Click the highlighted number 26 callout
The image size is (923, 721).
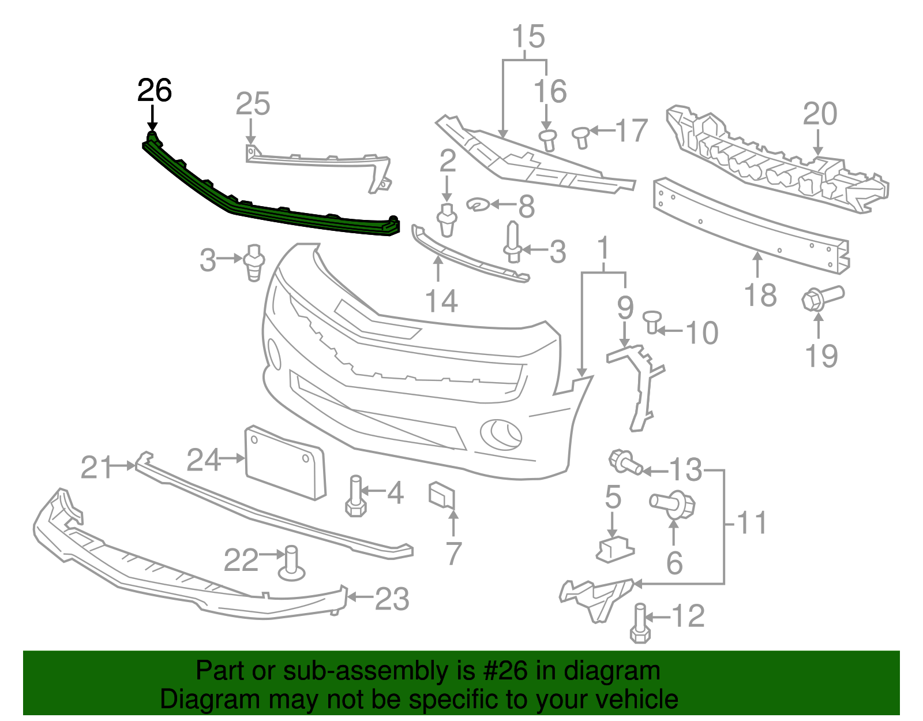pyautogui.click(x=154, y=91)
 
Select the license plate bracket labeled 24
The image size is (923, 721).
pyautogui.click(x=285, y=462)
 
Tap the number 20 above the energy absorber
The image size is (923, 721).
pyautogui.click(x=819, y=114)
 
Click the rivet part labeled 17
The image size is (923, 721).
pyautogui.click(x=581, y=137)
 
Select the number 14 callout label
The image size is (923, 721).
pyautogui.click(x=441, y=301)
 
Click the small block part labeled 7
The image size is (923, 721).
pyautogui.click(x=442, y=495)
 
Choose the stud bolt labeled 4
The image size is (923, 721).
pyautogui.click(x=355, y=496)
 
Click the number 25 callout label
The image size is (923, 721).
pyautogui.click(x=253, y=104)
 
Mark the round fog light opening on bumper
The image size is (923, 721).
pyautogui.click(x=501, y=434)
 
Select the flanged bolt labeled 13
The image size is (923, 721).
pyautogui.click(x=625, y=462)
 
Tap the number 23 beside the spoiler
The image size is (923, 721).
pyautogui.click(x=392, y=599)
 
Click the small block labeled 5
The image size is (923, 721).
pyautogui.click(x=614, y=548)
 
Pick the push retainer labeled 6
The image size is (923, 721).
pyautogui.click(x=674, y=505)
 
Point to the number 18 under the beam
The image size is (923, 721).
pyautogui.click(x=760, y=295)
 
